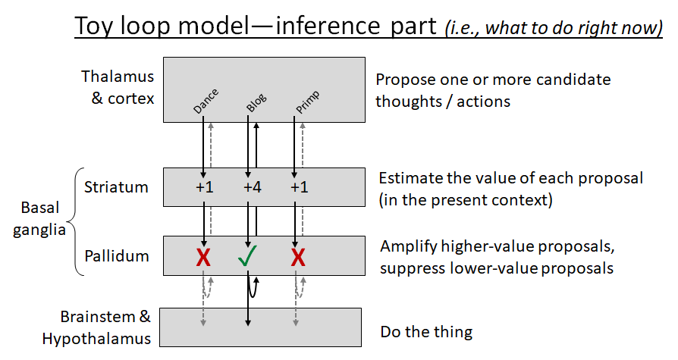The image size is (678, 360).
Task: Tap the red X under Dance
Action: click(x=202, y=258)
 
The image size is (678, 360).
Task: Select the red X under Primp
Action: click(x=298, y=258)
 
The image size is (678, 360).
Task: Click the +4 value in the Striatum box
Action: click(x=253, y=187)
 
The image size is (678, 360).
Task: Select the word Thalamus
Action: click(x=117, y=77)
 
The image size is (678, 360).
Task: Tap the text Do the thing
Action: click(x=425, y=331)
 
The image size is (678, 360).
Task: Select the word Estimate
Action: click(x=410, y=178)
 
